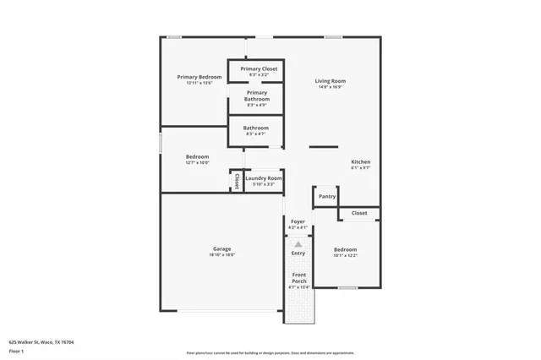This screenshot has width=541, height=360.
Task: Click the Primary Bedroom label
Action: (x=199, y=77)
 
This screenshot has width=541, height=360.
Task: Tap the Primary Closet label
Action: (x=259, y=68)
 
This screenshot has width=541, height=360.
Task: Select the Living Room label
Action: (x=331, y=81)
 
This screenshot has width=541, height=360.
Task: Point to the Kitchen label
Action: (x=361, y=161)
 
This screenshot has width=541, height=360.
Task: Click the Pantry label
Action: (x=327, y=197)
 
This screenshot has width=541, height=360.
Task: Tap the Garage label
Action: (x=222, y=249)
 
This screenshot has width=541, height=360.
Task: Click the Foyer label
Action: (x=298, y=221)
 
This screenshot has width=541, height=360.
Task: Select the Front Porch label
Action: (x=298, y=279)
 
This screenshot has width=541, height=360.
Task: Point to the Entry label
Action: (x=298, y=254)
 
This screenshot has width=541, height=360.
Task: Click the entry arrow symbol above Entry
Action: (x=298, y=243)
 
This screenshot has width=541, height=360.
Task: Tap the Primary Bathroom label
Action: (x=258, y=95)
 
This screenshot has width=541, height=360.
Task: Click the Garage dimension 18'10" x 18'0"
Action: (x=222, y=255)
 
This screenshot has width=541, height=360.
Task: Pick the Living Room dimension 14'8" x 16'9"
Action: (x=331, y=87)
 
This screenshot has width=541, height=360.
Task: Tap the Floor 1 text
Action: (x=17, y=352)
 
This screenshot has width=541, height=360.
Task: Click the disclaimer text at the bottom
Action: (x=270, y=352)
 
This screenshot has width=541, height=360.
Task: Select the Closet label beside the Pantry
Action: (x=359, y=213)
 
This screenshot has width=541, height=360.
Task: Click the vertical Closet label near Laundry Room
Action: (x=237, y=181)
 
